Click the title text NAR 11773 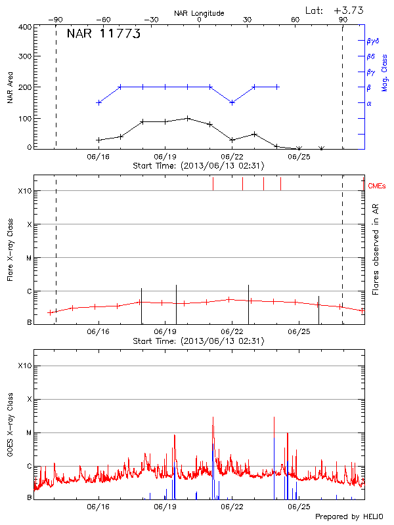click(x=104, y=35)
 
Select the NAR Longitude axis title click(x=199, y=13)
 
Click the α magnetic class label click(x=369, y=103)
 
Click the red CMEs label click(x=377, y=186)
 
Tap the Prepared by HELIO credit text click(x=349, y=517)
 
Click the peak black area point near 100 click(x=188, y=118)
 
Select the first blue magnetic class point click(x=98, y=102)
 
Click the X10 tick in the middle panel click(x=25, y=191)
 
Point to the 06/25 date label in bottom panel click(x=299, y=507)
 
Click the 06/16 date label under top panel click(x=98, y=157)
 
